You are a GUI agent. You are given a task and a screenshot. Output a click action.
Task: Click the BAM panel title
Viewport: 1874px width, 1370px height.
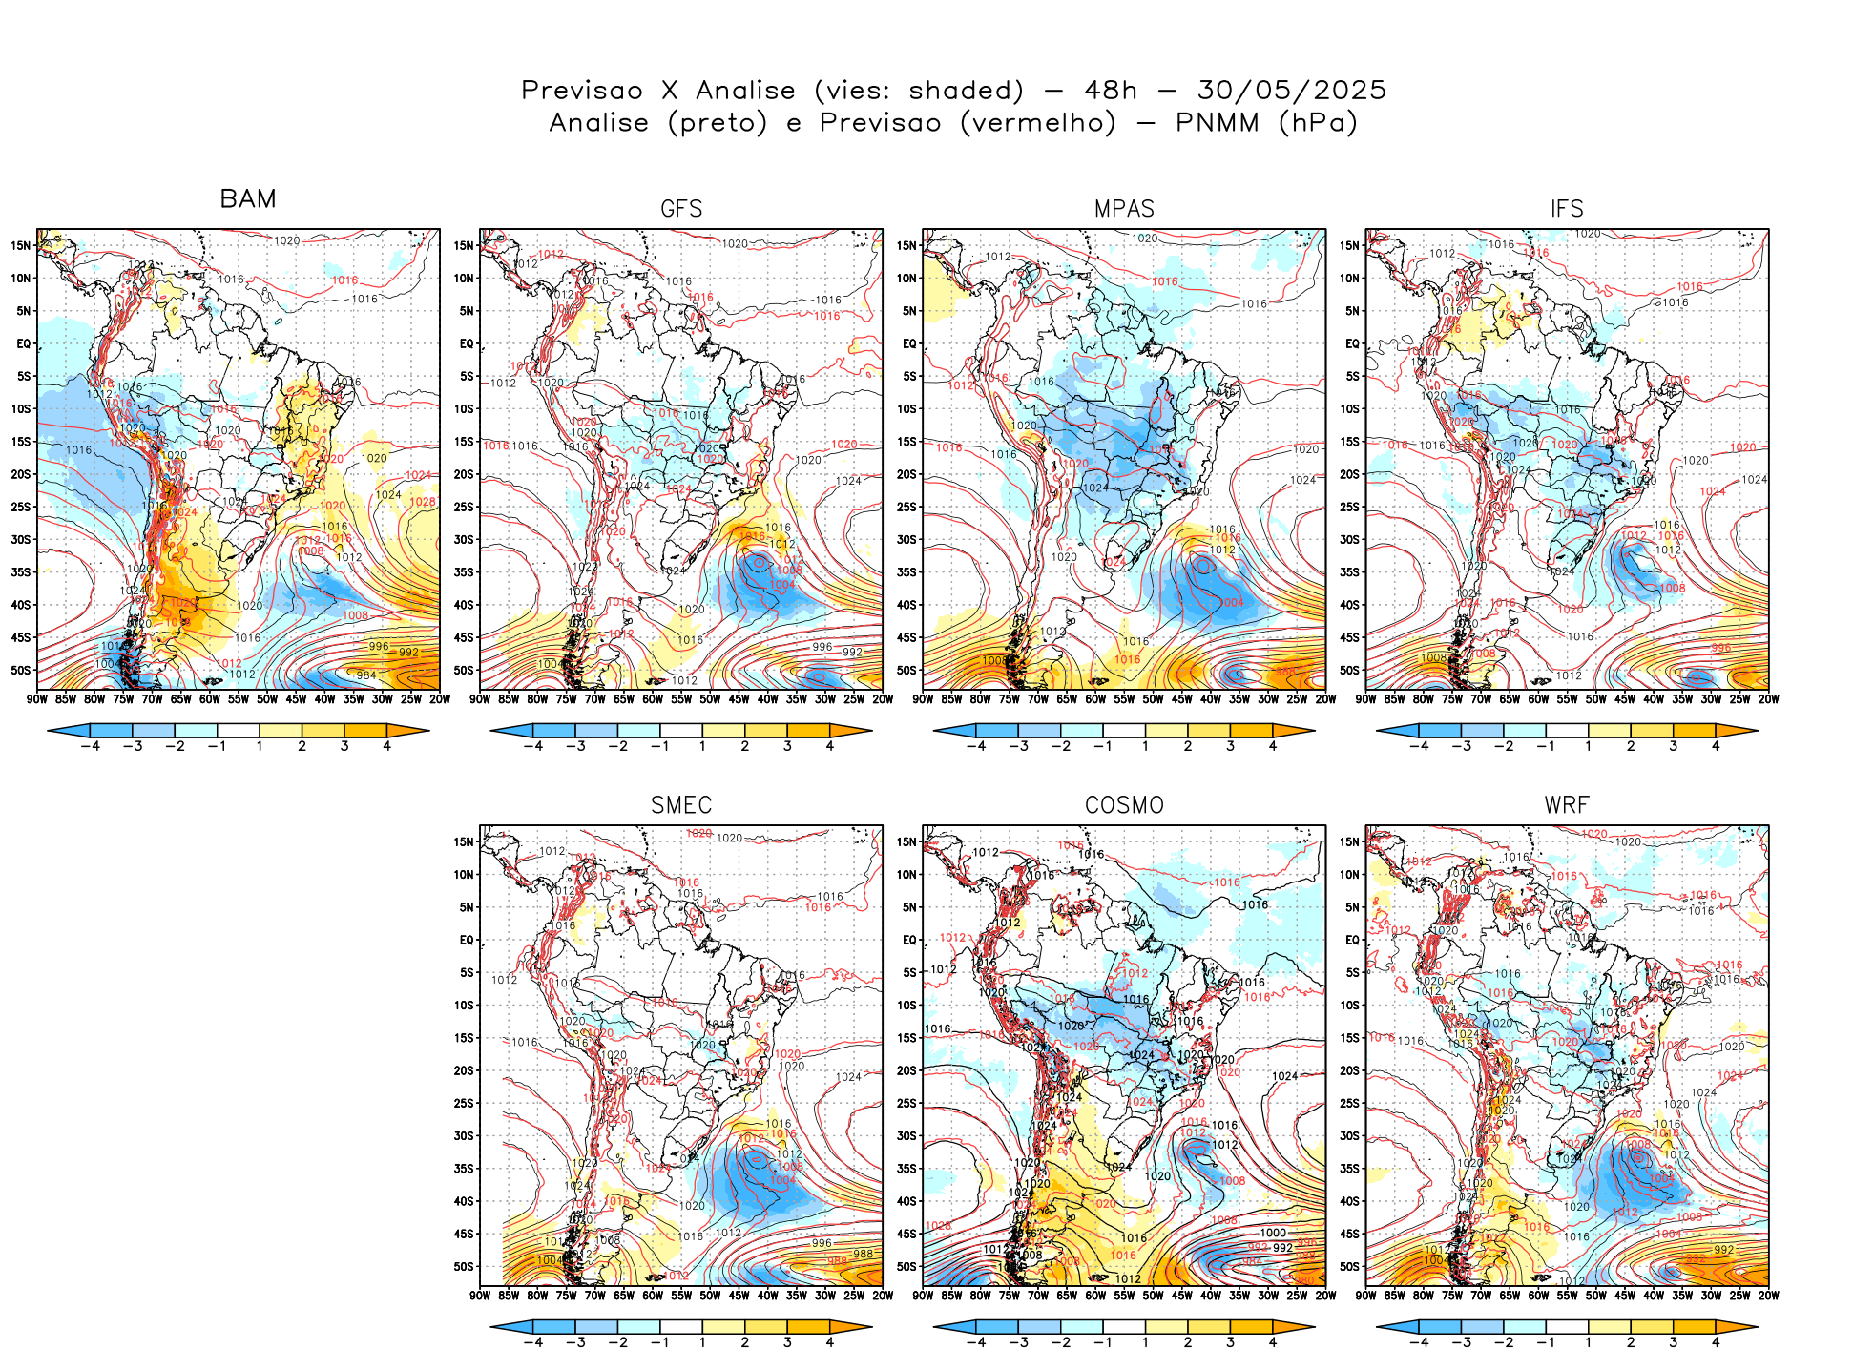pyautogui.click(x=248, y=199)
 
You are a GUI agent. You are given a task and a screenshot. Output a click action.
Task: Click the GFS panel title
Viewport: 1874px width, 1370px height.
pyautogui.click(x=681, y=209)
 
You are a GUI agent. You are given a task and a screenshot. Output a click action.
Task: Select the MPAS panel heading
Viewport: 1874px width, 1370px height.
pyautogui.click(x=1124, y=209)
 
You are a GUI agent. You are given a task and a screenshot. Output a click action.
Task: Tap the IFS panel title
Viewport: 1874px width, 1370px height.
pyautogui.click(x=1567, y=209)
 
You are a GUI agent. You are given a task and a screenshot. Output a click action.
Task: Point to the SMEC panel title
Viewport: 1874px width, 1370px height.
pyautogui.click(x=681, y=805)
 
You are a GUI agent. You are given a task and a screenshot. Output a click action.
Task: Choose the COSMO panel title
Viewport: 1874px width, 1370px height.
pyautogui.click(x=1124, y=805)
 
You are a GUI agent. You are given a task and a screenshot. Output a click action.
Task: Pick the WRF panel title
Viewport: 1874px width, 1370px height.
pyautogui.click(x=1567, y=805)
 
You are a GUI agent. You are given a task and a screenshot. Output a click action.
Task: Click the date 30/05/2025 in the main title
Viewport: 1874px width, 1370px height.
pyautogui.click(x=1292, y=91)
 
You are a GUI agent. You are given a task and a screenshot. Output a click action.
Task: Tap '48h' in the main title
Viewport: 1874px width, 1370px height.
pyautogui.click(x=1111, y=91)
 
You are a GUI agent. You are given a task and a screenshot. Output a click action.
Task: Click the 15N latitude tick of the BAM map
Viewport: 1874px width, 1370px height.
pyautogui.click(x=21, y=245)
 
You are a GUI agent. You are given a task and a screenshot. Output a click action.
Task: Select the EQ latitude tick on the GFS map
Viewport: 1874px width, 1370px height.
pyautogui.click(x=467, y=343)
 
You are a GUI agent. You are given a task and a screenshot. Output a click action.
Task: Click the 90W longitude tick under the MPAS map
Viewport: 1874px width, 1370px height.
pyautogui.click(x=923, y=699)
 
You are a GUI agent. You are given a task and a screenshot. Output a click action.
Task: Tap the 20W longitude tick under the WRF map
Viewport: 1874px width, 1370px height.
pyautogui.click(x=1768, y=1296)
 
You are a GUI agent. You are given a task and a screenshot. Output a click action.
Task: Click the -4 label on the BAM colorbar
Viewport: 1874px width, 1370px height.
pyautogui.click(x=90, y=746)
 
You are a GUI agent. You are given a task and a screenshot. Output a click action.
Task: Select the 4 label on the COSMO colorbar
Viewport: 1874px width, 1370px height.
pyautogui.click(x=1273, y=1342)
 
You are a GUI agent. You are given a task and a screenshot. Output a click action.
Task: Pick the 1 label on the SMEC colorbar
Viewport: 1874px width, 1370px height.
pyautogui.click(x=702, y=1342)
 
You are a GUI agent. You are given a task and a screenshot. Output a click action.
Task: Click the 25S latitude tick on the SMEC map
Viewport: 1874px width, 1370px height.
pyautogui.click(x=464, y=1103)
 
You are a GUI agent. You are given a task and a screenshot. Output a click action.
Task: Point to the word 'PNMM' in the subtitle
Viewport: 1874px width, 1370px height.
pyautogui.click(x=1218, y=123)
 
